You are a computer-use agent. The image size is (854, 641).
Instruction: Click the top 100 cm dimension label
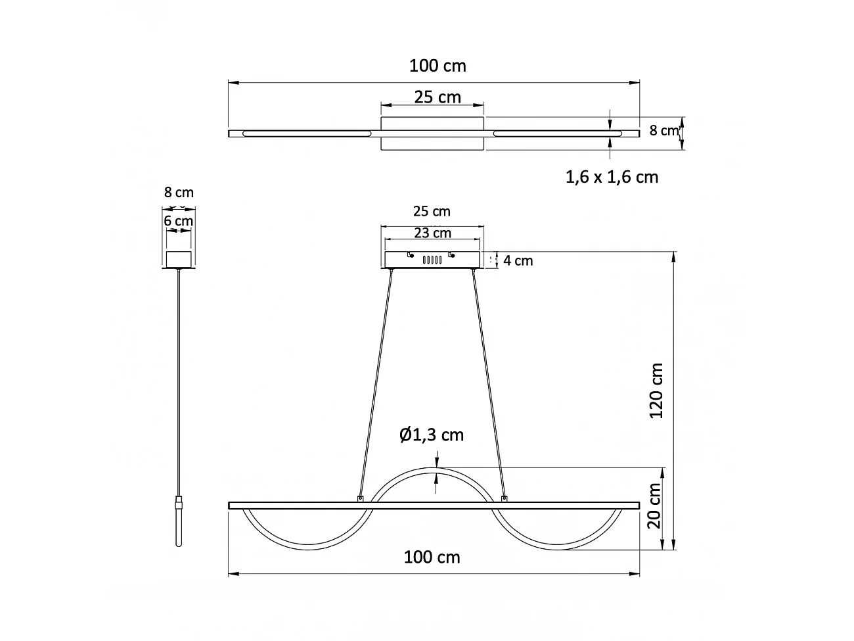[x=438, y=66]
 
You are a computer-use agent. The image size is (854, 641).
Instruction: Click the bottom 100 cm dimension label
[x=432, y=558]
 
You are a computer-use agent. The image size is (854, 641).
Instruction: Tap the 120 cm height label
[x=656, y=391]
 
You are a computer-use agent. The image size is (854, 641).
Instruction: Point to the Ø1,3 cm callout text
[x=432, y=435]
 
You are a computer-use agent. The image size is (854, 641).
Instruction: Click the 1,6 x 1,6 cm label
[x=612, y=177]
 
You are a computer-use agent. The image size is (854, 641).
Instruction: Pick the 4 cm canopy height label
[x=518, y=261]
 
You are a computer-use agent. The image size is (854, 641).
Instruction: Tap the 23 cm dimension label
[x=433, y=233]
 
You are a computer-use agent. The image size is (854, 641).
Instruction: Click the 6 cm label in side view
[x=179, y=221]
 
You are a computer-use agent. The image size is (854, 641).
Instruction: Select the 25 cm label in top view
[x=438, y=97]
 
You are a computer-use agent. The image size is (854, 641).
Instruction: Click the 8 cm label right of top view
[x=663, y=130]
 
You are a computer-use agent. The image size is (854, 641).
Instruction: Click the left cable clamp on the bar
[x=360, y=499]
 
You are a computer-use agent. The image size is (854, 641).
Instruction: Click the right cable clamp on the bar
[x=505, y=499]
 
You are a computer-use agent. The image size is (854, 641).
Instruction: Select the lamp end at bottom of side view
[x=179, y=526]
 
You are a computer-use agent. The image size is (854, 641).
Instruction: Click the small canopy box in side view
[x=179, y=260]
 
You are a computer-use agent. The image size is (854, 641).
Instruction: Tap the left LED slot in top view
[x=305, y=133]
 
